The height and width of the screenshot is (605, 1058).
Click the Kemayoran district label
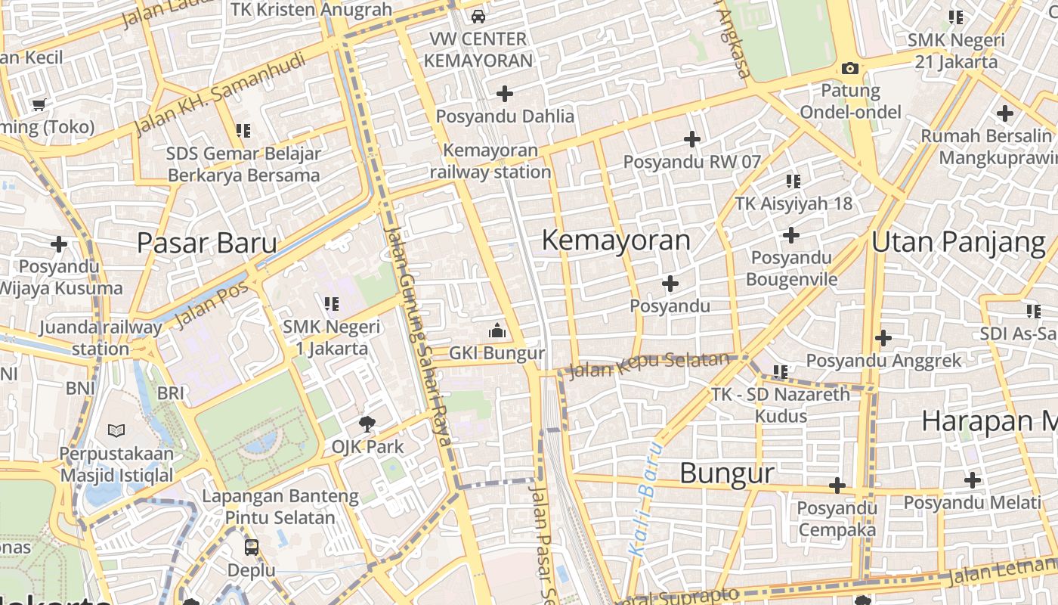616,240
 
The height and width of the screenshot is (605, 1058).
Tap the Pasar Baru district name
206,244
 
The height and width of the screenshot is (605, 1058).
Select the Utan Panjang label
958,242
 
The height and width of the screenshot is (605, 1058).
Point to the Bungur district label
726,473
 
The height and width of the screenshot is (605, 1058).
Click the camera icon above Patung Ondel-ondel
850,69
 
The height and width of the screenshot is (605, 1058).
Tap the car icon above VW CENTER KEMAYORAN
478,16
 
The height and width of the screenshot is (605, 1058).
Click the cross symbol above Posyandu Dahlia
505,94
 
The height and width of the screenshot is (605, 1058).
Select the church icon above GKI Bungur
497,330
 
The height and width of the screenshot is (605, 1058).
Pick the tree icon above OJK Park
367,423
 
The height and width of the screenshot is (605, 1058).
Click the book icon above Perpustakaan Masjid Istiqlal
116,431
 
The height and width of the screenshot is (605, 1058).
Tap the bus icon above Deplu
251,547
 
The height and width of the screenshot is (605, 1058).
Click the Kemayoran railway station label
490,161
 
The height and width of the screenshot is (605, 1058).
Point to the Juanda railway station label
100,338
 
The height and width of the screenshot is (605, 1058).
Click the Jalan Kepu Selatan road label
648,365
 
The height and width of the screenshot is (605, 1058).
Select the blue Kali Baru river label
645,499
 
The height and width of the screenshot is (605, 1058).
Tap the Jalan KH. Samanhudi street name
219,93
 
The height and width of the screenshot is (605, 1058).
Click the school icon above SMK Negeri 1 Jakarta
331,304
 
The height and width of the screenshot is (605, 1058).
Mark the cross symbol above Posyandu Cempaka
837,486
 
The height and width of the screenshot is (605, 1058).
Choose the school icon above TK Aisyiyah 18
793,181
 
